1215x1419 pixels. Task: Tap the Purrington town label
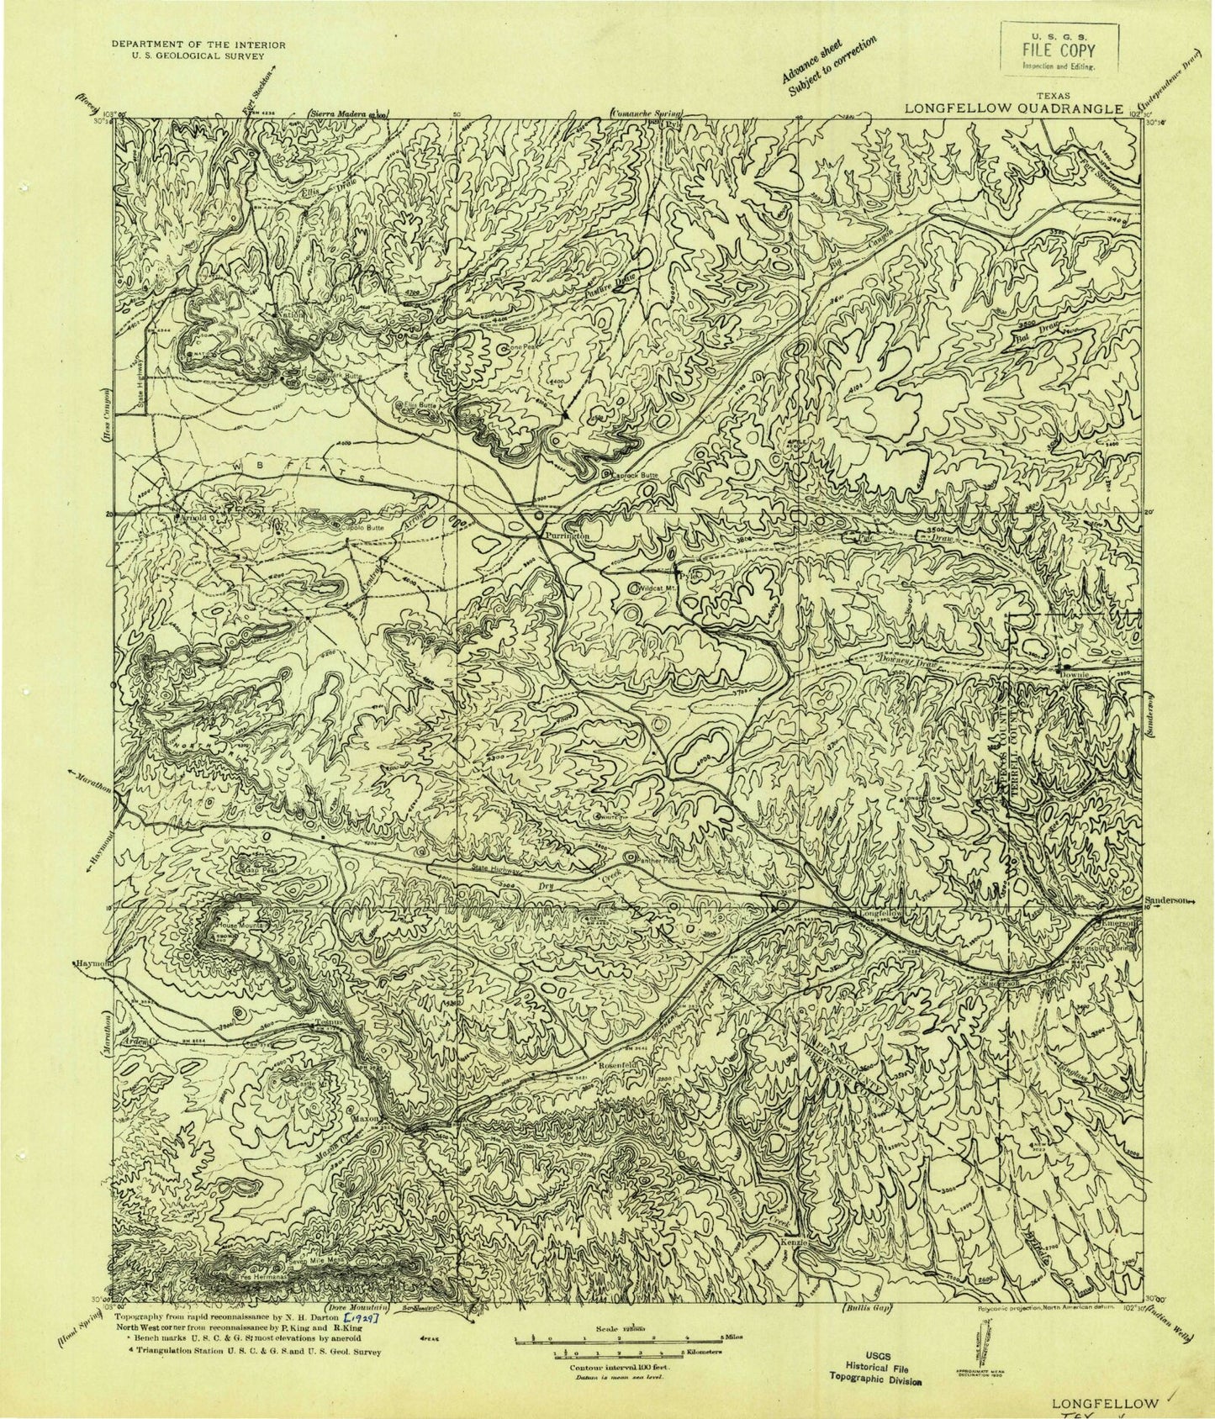(562, 535)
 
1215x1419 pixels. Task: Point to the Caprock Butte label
(638, 475)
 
